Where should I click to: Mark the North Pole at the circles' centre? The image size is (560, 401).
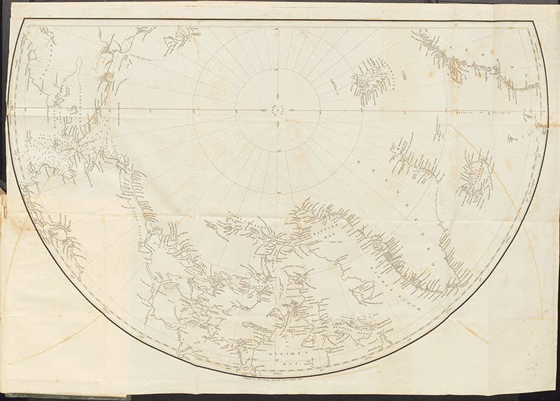click(x=278, y=109)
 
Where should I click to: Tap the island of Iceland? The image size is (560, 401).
click(x=476, y=175)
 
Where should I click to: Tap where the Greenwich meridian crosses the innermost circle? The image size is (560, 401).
click(x=320, y=109)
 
